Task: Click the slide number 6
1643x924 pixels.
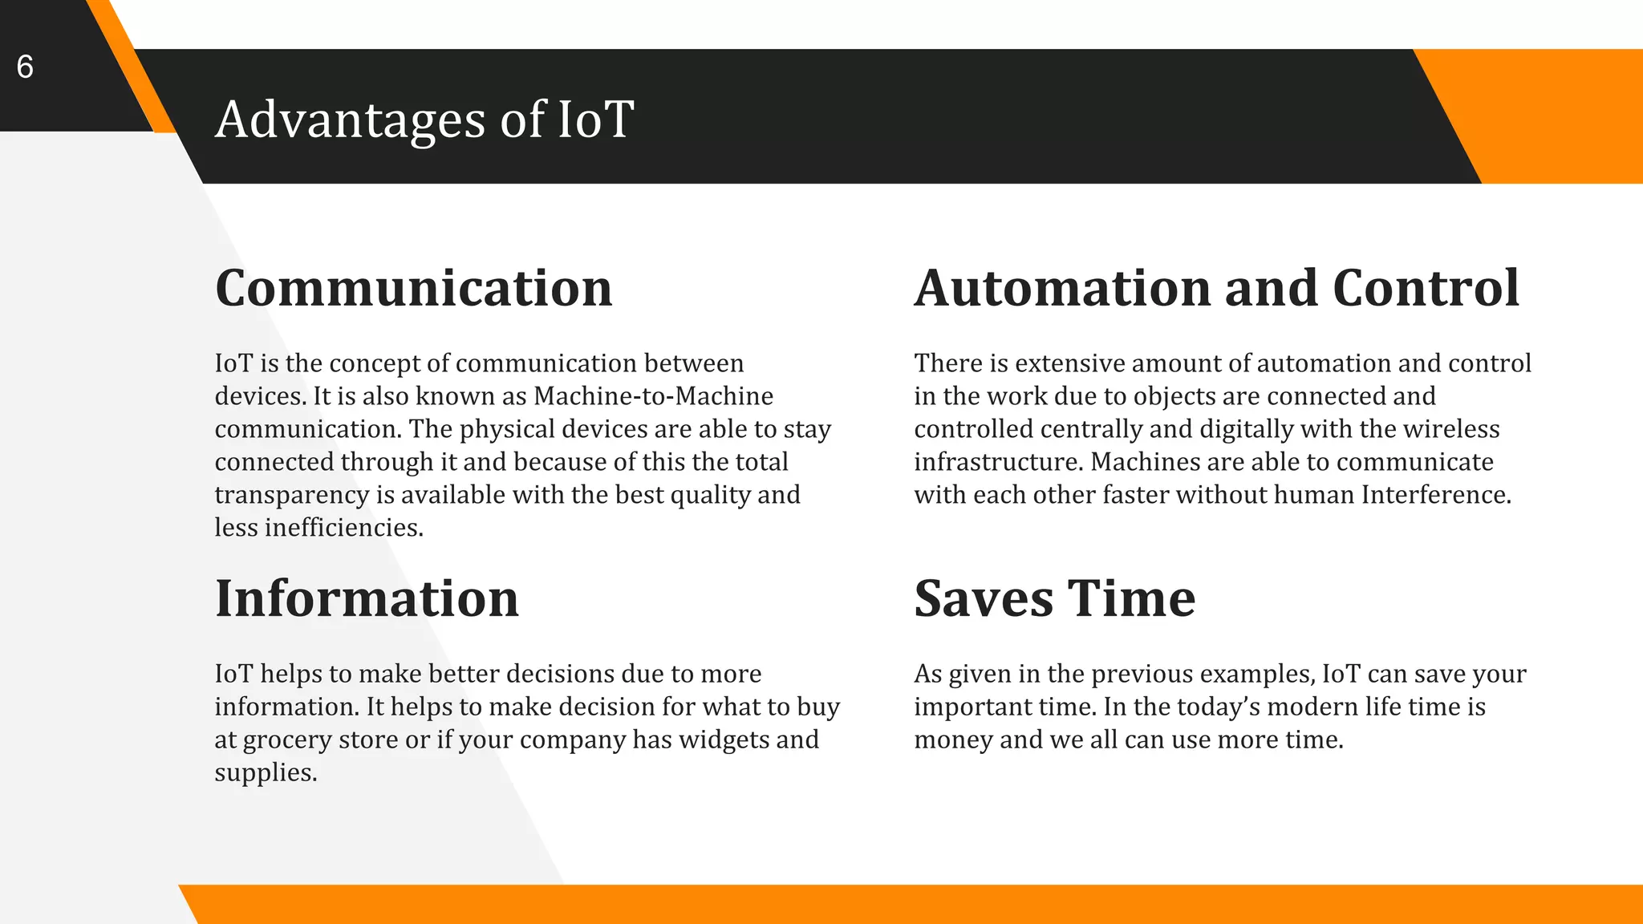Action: pyautogui.click(x=25, y=67)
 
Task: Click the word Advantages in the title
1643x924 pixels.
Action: pyautogui.click(x=350, y=120)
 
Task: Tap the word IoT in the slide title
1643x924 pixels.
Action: pyautogui.click(x=594, y=120)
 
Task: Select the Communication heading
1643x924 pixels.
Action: pyautogui.click(x=413, y=289)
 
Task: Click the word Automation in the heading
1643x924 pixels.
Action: pyautogui.click(x=1062, y=289)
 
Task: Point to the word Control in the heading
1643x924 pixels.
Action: pyautogui.click(x=1426, y=289)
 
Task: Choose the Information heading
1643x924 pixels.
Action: pyautogui.click(x=367, y=599)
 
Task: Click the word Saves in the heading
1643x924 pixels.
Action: pyautogui.click(x=983, y=599)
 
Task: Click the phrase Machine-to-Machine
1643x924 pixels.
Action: pyautogui.click(x=653, y=396)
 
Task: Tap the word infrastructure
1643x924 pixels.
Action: pyautogui.click(x=999, y=462)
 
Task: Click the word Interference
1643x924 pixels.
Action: pyautogui.click(x=1435, y=495)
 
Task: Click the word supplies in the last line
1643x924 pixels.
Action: pyautogui.click(x=265, y=772)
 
